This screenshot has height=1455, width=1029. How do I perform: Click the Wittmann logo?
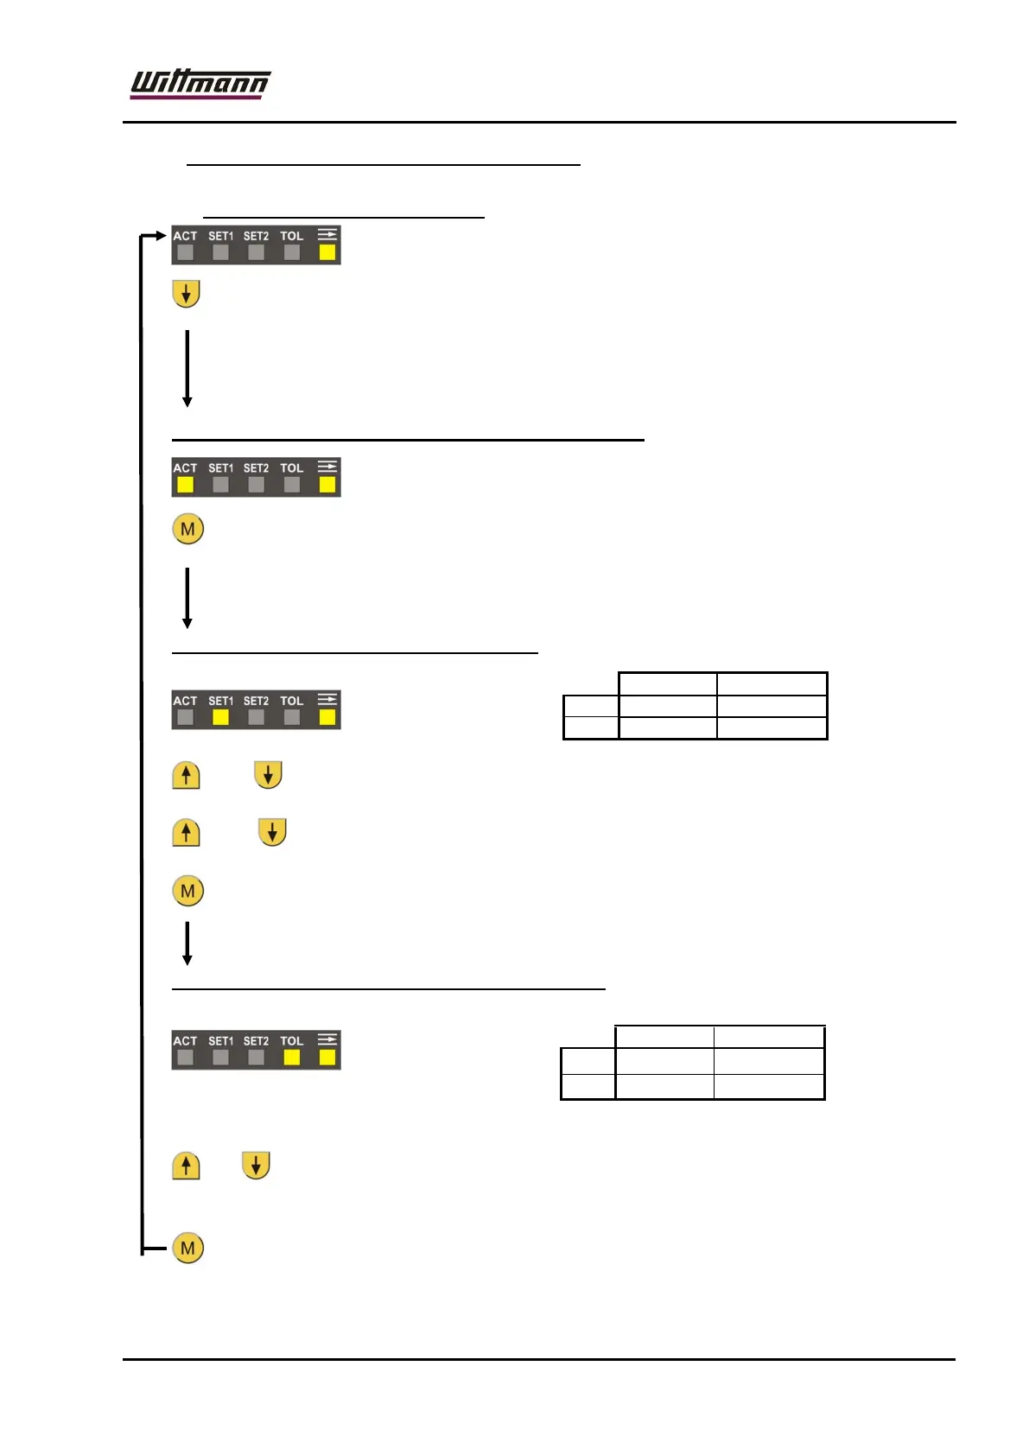200,85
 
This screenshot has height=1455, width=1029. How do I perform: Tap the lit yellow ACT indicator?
186,485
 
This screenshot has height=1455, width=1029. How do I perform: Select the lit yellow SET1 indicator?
221,717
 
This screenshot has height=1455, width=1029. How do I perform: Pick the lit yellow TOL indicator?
292,1057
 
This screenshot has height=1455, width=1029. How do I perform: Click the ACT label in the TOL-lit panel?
185,1041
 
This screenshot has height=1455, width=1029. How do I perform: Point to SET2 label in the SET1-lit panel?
256,701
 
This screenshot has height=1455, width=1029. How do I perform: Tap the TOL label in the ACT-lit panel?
292,468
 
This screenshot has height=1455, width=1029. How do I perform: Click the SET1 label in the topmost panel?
221,236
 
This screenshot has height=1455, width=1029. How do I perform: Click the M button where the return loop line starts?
187,1248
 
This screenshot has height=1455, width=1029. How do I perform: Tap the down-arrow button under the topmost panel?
186,294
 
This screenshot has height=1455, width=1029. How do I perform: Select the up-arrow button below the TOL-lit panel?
186,1166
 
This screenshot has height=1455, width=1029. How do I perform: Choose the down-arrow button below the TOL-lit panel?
256,1166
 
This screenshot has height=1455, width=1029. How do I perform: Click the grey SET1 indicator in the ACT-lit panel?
221,485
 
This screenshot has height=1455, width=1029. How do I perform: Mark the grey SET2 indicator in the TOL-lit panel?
257,1057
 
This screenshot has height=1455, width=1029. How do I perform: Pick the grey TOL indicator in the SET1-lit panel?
292,717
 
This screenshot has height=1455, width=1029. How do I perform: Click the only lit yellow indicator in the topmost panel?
327,252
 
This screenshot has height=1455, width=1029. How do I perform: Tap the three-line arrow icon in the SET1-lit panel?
327,699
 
